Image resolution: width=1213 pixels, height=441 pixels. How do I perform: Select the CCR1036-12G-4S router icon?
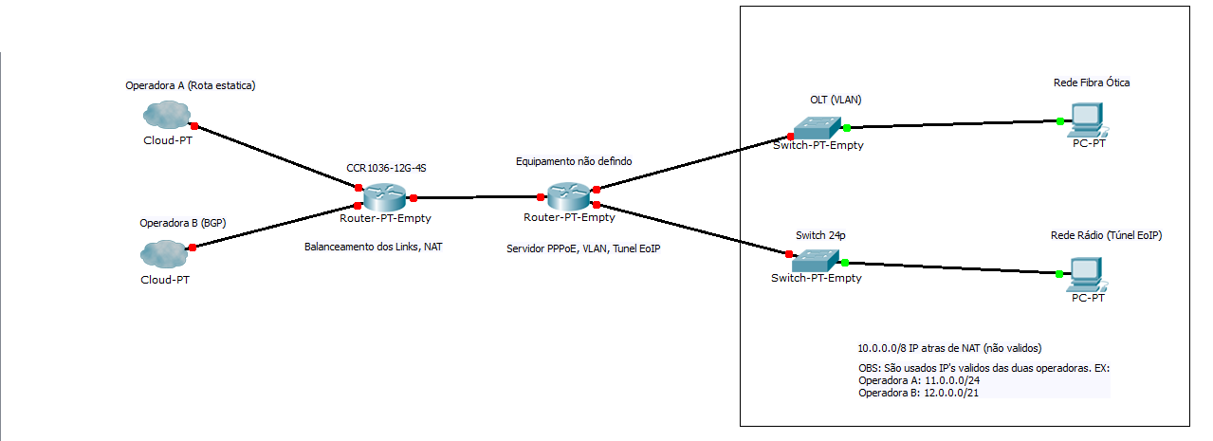point(386,196)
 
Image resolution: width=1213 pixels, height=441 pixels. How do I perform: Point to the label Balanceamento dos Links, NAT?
point(373,247)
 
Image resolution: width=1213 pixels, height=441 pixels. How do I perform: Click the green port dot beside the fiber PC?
point(1060,120)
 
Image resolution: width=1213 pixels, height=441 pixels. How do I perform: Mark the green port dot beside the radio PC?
point(1060,274)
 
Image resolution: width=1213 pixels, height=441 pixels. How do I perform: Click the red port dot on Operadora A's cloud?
point(193,125)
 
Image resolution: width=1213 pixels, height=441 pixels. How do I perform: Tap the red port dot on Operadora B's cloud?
point(193,247)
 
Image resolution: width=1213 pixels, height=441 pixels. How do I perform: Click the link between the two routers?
point(477,197)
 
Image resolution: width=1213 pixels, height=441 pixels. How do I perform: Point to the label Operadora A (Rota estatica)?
point(191,85)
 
